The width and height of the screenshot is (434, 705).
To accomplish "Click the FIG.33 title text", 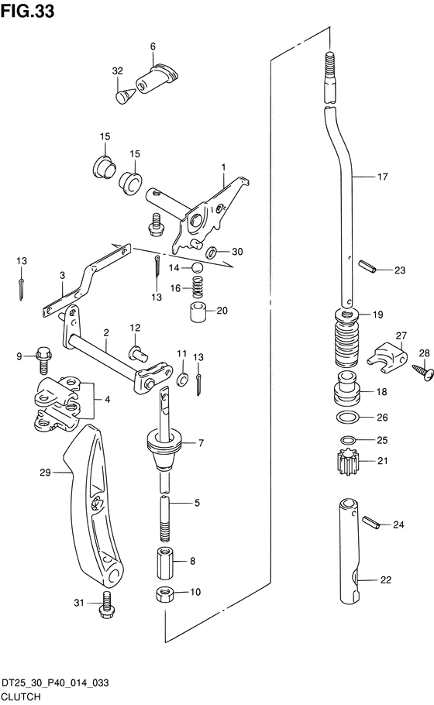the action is click(x=27, y=11).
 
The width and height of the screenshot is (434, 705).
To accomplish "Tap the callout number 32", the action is click(x=117, y=70).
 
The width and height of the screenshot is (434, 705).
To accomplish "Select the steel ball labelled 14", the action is click(x=198, y=267).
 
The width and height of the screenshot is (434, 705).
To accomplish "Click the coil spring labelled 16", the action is click(x=198, y=287).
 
